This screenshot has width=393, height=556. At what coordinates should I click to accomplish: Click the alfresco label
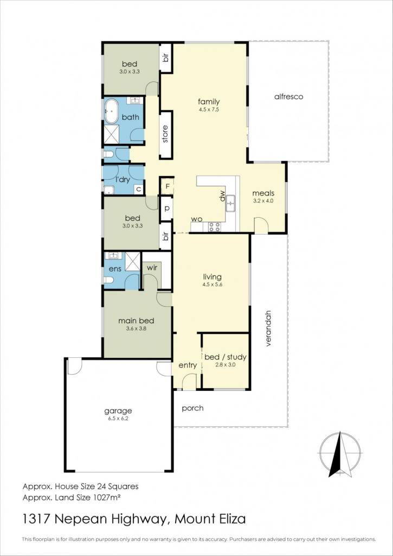(288, 97)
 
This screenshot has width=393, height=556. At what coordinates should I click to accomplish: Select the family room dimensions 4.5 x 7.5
(209, 110)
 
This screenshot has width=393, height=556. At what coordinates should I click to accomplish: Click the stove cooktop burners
(214, 227)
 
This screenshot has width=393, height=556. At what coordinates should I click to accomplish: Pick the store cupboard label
(165, 134)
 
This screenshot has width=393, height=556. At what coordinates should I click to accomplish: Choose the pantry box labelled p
(166, 208)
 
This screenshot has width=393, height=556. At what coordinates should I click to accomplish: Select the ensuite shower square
(132, 261)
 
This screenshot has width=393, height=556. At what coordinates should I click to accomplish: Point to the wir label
(152, 268)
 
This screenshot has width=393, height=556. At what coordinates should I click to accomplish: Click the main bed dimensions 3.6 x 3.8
(136, 328)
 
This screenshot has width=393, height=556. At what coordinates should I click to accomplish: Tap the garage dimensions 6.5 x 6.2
(118, 419)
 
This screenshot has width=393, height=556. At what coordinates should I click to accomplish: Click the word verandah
(269, 328)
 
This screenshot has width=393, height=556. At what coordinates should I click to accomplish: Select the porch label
(192, 408)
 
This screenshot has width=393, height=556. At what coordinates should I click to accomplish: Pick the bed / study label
(225, 357)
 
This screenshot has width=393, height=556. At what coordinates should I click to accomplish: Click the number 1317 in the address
(35, 520)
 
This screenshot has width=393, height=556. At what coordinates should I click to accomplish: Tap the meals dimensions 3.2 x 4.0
(263, 200)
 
